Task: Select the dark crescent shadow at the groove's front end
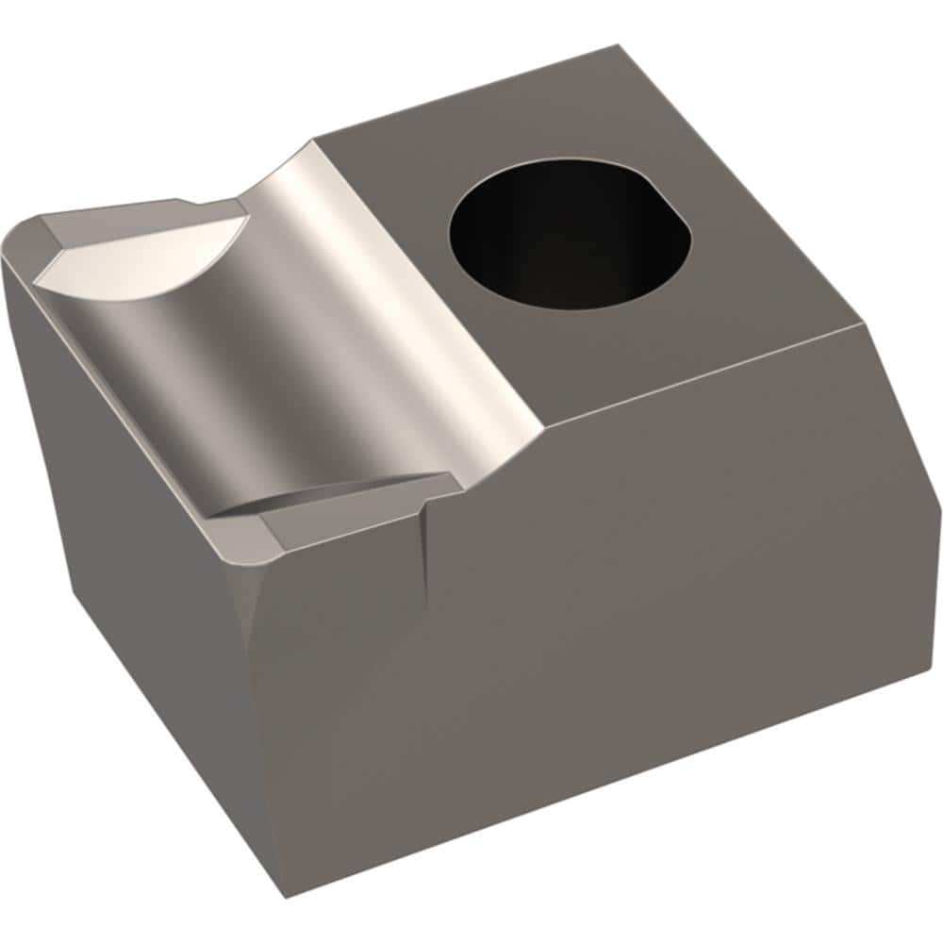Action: coord(311,495)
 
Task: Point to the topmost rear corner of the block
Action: coord(619,46)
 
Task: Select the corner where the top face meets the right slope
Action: coord(863,324)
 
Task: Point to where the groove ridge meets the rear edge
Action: coord(314,144)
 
